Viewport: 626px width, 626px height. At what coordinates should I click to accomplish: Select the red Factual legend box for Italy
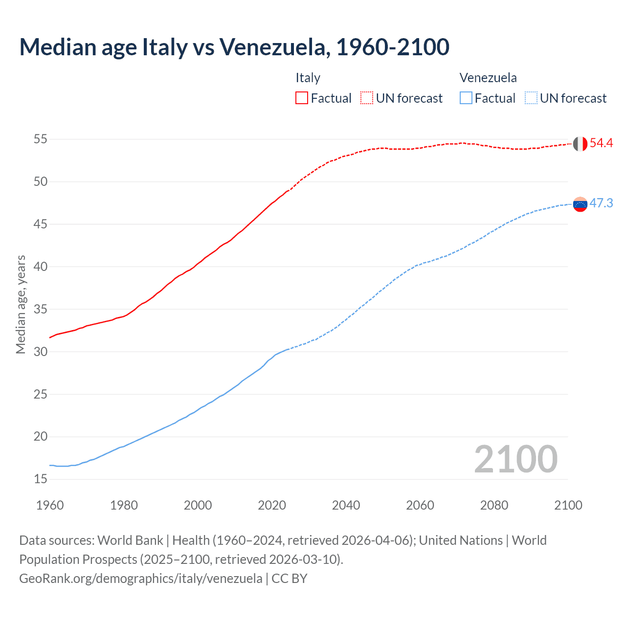point(302,98)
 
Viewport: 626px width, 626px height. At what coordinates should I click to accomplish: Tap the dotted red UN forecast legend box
point(367,98)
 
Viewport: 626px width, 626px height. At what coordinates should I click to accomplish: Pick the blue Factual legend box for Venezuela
point(466,98)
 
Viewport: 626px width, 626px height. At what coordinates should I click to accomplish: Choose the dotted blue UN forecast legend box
point(531,98)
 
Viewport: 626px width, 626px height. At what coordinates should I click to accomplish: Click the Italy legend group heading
point(308,78)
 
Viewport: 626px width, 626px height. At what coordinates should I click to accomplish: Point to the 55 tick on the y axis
point(41,139)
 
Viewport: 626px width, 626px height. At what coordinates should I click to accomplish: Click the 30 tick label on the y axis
point(41,352)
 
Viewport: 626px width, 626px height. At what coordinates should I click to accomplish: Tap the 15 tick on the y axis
point(41,479)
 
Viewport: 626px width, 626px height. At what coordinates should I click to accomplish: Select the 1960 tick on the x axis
point(50,505)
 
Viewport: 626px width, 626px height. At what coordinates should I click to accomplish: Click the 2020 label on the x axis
point(272,505)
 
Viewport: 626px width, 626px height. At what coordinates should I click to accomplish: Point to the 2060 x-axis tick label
point(420,505)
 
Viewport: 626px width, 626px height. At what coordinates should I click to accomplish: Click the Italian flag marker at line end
point(580,144)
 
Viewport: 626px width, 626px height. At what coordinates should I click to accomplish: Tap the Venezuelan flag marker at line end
point(580,204)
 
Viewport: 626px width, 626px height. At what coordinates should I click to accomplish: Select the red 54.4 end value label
point(601,143)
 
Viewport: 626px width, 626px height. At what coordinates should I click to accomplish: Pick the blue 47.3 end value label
point(601,203)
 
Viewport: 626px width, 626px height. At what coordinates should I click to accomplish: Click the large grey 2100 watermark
point(515,459)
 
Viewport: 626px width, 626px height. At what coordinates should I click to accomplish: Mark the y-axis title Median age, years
point(21,304)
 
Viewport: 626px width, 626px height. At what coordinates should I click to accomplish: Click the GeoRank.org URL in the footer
point(140,579)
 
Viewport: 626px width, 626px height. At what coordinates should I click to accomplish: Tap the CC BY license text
point(290,579)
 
